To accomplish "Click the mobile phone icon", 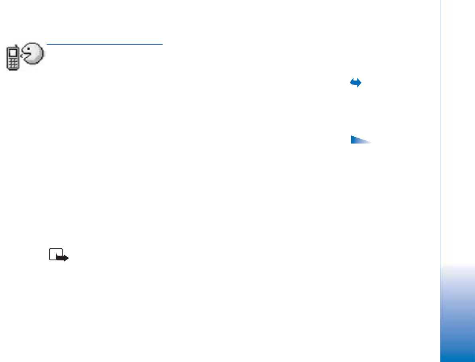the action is (13, 59).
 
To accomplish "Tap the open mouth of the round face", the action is (26, 55).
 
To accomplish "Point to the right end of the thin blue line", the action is (162, 45).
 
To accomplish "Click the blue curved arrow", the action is (355, 83).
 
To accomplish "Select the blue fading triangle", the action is (359, 140).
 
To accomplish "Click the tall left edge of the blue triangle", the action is (351, 139).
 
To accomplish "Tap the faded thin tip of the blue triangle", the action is (370, 142).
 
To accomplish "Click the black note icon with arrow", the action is (58, 255).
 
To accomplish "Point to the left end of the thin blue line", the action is (47, 45).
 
